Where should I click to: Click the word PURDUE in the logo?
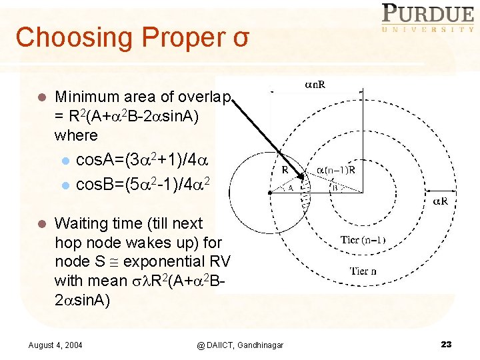(x=427, y=13)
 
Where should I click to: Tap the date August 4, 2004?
(x=56, y=344)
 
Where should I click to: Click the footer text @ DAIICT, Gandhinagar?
(x=240, y=344)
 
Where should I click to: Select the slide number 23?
(x=446, y=344)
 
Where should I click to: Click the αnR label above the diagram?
(x=317, y=85)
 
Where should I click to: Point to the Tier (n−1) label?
(x=363, y=240)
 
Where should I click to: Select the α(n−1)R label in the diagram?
(x=337, y=169)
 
